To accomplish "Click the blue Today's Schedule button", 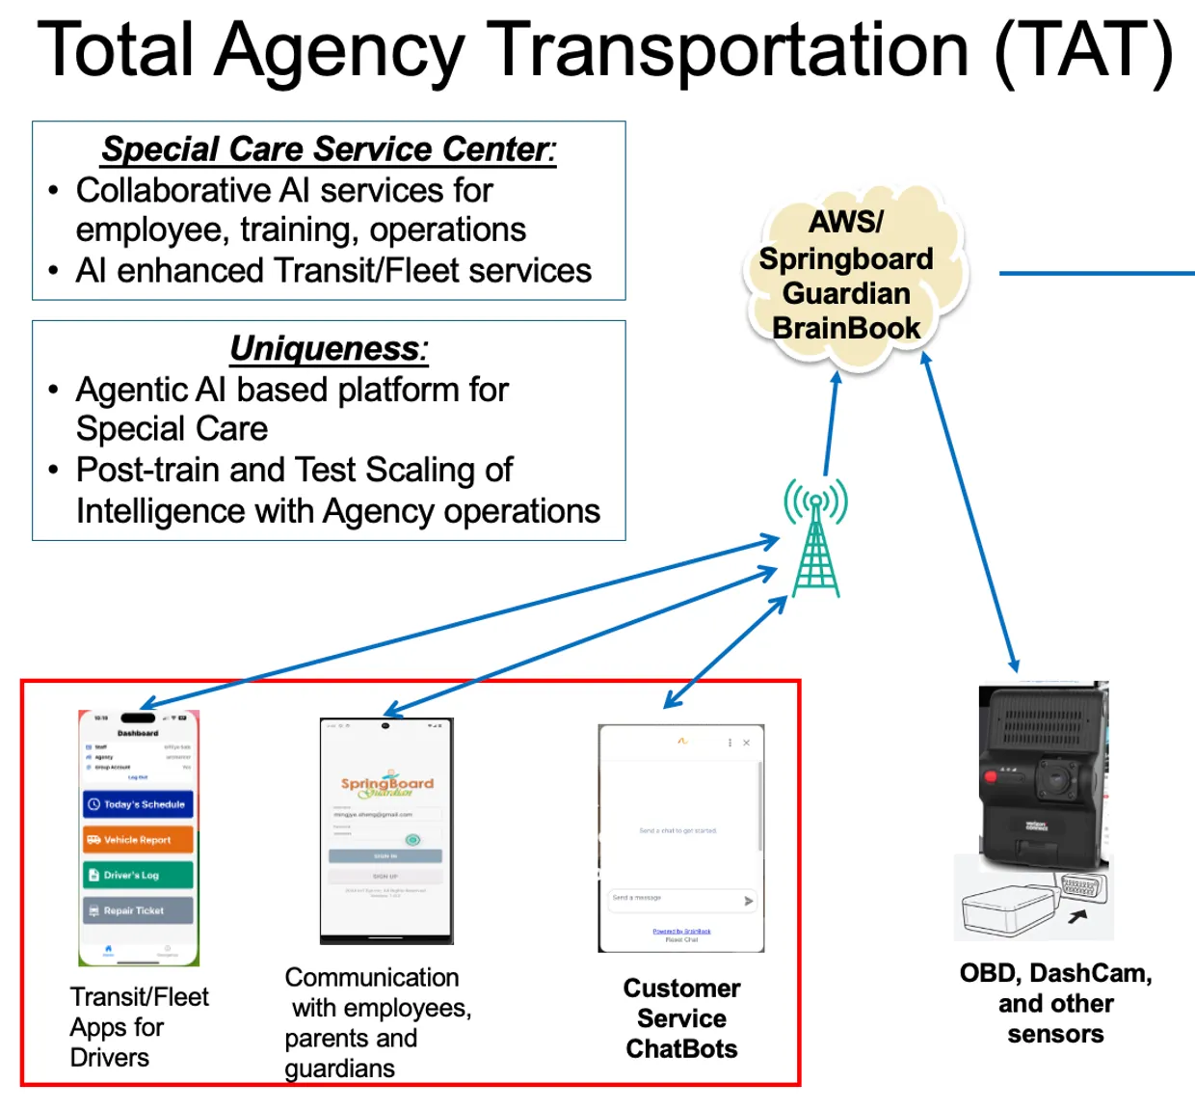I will click(x=138, y=804).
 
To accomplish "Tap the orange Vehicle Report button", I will click(x=138, y=840).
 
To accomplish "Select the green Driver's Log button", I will click(x=138, y=875).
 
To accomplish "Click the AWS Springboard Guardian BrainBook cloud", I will click(x=847, y=276).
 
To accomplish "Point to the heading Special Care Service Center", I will click(x=329, y=149).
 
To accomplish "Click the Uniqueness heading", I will click(x=329, y=348).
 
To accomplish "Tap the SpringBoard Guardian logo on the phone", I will click(x=386, y=785).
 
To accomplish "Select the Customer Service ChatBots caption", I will click(x=681, y=1018).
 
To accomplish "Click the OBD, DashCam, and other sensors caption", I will click(x=1055, y=1003).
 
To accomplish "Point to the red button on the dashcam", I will click(x=988, y=776).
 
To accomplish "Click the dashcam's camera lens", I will click(x=1058, y=779).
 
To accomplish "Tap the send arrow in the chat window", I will click(x=748, y=901).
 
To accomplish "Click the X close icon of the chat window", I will click(x=746, y=743).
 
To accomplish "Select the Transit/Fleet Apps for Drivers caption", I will click(x=138, y=1027).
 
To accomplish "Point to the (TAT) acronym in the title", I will click(x=1084, y=50).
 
